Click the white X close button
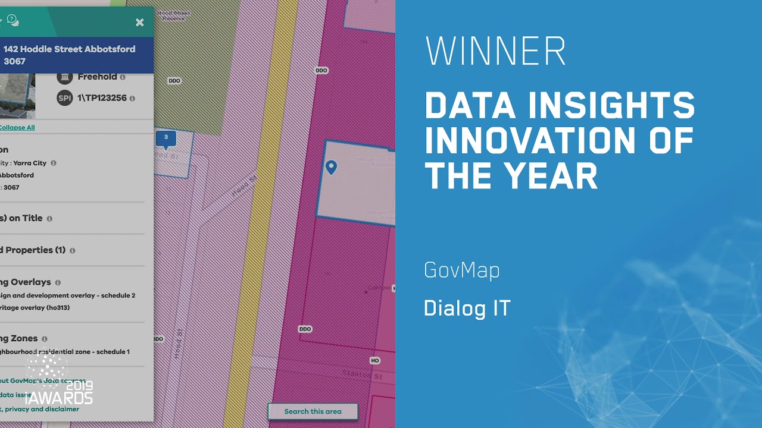coord(140,23)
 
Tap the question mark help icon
coord(11,19)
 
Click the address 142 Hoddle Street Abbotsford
coord(69,49)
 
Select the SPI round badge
coord(65,98)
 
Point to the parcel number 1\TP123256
coord(102,98)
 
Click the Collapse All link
coord(17,128)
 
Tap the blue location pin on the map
coord(331,168)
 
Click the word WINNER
coord(495,52)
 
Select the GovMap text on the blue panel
coord(462,270)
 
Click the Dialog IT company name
coord(467,309)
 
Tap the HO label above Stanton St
coord(374,361)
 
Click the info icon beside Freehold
coord(123,77)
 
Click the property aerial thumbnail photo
coord(17,95)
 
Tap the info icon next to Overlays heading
coord(58,282)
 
